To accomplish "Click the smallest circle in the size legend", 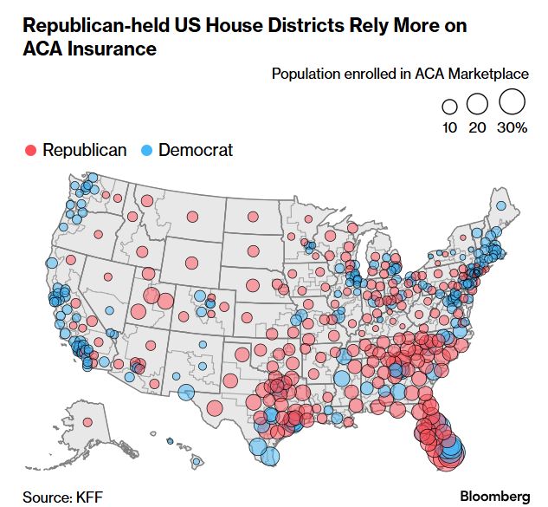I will (449, 107).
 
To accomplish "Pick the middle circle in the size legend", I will (477, 105).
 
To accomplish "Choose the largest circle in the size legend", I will (512, 102).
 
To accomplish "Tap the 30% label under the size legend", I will (512, 128).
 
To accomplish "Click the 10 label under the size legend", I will (449, 128).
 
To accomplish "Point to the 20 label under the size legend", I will (477, 128).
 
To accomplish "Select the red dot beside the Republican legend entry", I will (30, 150).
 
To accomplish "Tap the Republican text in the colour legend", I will (84, 150).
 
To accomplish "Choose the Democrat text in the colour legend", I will (196, 150).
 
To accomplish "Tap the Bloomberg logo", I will (494, 497).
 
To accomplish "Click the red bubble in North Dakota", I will (252, 217).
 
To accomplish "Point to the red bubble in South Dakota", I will (254, 250).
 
